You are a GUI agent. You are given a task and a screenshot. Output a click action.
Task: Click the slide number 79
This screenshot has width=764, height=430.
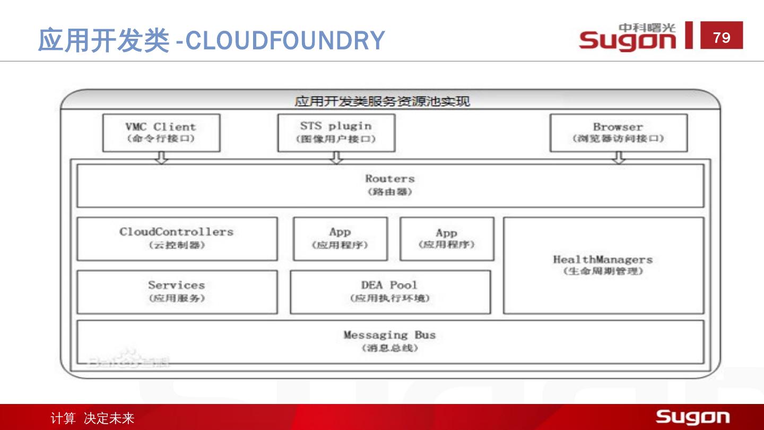pyautogui.click(x=722, y=37)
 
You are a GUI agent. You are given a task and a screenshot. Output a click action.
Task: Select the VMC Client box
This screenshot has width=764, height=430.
pyautogui.click(x=161, y=133)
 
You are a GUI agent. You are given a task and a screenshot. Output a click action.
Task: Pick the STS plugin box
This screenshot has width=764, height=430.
pyautogui.click(x=336, y=133)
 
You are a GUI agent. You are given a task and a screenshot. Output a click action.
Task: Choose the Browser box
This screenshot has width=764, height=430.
pyautogui.click(x=618, y=133)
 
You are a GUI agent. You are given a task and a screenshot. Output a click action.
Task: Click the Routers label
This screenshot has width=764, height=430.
pyautogui.click(x=390, y=179)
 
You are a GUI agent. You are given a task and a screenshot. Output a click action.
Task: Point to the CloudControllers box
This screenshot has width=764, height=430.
pyautogui.click(x=177, y=238)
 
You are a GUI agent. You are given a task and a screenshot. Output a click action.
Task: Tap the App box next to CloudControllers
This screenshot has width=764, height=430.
pyautogui.click(x=340, y=238)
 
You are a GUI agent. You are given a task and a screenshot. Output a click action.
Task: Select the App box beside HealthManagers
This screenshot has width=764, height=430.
pyautogui.click(x=447, y=238)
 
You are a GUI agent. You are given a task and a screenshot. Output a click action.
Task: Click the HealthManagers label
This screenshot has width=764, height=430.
pyautogui.click(x=603, y=260)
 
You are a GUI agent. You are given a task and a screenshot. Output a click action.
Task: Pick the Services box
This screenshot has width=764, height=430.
pyautogui.click(x=177, y=291)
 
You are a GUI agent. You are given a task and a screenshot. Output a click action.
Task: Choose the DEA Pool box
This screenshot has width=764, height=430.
pyautogui.click(x=390, y=291)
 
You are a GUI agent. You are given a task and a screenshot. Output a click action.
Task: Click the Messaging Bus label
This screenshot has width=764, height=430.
pyautogui.click(x=390, y=335)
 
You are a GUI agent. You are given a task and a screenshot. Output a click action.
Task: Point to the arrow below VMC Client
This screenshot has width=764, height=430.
pyautogui.click(x=162, y=157)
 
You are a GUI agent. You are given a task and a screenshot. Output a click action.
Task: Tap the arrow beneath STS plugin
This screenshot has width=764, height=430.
pyautogui.click(x=336, y=157)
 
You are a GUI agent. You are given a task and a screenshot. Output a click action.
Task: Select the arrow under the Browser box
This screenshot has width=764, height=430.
pyautogui.click(x=619, y=157)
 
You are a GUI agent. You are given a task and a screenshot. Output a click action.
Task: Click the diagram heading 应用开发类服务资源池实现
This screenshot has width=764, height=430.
pyautogui.click(x=383, y=101)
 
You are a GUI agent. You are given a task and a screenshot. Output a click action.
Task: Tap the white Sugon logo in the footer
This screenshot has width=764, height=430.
pyautogui.click(x=692, y=417)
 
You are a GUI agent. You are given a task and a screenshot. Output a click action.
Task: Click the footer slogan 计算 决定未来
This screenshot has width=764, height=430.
pyautogui.click(x=92, y=418)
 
